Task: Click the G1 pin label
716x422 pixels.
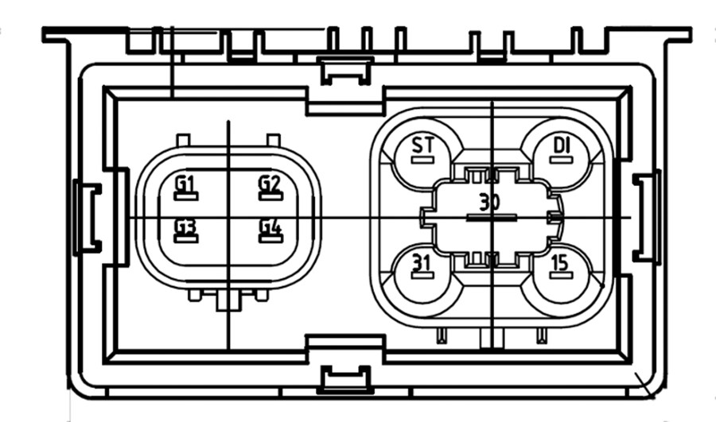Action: (185, 184)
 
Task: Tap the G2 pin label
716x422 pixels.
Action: (270, 184)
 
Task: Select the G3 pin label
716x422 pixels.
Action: (185, 226)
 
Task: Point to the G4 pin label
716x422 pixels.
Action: (270, 226)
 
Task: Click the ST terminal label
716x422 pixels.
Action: (423, 145)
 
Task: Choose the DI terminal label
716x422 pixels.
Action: (562, 145)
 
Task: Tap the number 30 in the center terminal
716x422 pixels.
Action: (489, 202)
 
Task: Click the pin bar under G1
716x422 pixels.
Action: (186, 196)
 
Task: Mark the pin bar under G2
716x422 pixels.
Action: (270, 196)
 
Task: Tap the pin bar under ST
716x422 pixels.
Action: (422, 160)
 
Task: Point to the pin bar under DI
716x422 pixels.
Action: (561, 160)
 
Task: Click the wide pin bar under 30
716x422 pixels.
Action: (492, 218)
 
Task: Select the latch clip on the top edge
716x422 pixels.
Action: (346, 72)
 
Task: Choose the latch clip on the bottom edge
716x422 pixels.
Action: (346, 380)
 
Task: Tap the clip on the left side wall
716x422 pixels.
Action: (88, 218)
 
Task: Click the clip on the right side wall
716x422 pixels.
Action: (647, 218)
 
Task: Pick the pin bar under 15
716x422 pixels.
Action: (561, 275)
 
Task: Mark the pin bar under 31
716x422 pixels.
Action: (422, 275)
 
